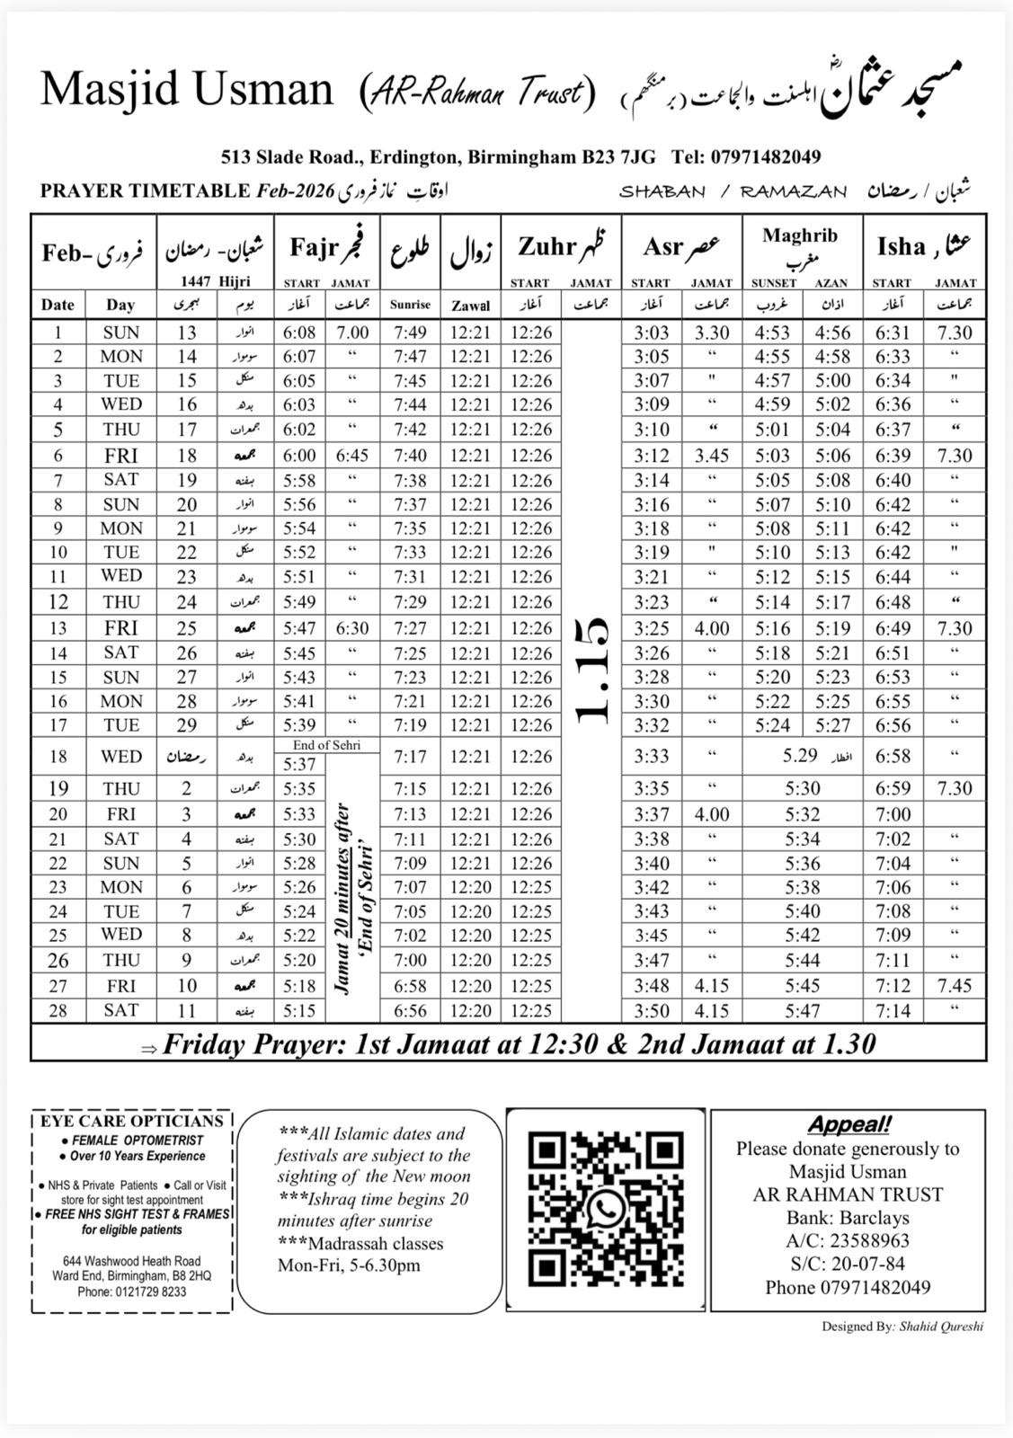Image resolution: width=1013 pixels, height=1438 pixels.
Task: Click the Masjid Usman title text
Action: tap(187, 90)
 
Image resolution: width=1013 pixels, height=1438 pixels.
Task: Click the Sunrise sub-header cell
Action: tap(410, 305)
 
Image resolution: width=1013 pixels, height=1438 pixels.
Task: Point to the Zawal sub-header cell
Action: tap(471, 305)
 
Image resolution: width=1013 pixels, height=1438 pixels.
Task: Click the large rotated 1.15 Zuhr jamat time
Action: tap(591, 670)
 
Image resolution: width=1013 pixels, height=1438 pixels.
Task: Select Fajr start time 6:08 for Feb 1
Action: tap(299, 333)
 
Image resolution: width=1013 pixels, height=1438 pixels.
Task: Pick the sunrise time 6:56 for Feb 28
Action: tap(410, 1011)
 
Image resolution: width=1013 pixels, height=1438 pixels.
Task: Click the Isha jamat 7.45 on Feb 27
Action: tap(955, 986)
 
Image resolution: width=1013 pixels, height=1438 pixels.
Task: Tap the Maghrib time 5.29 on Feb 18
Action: tap(800, 756)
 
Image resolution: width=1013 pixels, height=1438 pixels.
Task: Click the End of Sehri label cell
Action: tap(326, 745)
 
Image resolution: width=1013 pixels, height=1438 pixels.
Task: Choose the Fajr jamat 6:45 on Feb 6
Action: tap(351, 456)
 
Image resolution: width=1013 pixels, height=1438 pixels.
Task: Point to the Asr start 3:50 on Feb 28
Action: tap(651, 1011)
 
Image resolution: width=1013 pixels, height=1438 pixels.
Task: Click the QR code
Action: tap(605, 1210)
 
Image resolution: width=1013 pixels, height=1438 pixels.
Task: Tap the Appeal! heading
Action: tap(849, 1124)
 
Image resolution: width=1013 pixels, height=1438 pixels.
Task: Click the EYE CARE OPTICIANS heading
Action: tap(131, 1122)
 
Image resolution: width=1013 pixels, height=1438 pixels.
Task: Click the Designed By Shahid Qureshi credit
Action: tap(902, 1326)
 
